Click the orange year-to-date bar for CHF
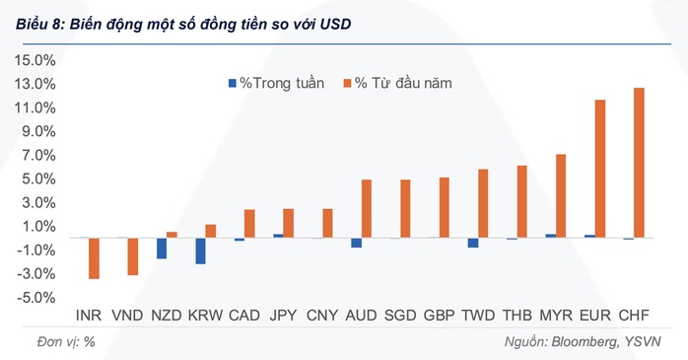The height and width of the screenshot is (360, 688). point(639,163)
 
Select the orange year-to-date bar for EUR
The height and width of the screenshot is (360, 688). point(600,169)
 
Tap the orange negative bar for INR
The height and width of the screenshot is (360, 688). point(94,258)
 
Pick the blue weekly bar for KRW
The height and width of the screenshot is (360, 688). point(200,251)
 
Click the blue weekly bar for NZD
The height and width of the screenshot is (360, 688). point(162,248)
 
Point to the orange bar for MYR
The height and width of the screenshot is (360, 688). point(561,195)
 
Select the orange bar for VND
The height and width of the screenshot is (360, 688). point(133,256)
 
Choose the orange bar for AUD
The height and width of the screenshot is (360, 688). point(367,208)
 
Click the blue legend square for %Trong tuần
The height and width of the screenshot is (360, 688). point(233,84)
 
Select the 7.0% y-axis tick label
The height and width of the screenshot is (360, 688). point(37,155)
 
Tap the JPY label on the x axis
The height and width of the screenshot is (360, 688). point(283,316)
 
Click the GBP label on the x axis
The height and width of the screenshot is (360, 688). point(439,316)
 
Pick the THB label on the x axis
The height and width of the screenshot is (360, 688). point(516,316)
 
